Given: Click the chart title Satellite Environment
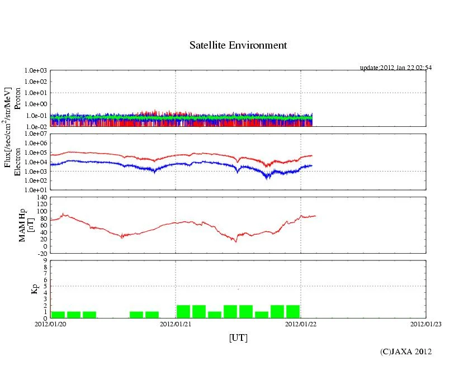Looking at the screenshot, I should point(238,45).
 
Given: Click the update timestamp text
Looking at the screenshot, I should point(396,68).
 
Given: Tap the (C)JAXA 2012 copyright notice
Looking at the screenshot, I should point(406,351).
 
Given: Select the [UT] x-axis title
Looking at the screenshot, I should point(238,338).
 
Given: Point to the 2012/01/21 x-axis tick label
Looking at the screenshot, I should point(176,323).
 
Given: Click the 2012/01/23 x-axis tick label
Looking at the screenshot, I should point(426,323).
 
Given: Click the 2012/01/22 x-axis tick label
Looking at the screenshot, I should point(301,323).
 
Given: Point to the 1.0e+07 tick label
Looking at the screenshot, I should point(37,134).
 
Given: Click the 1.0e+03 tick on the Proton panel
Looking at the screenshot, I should point(37,71).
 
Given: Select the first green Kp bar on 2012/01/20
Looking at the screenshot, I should point(58,315).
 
